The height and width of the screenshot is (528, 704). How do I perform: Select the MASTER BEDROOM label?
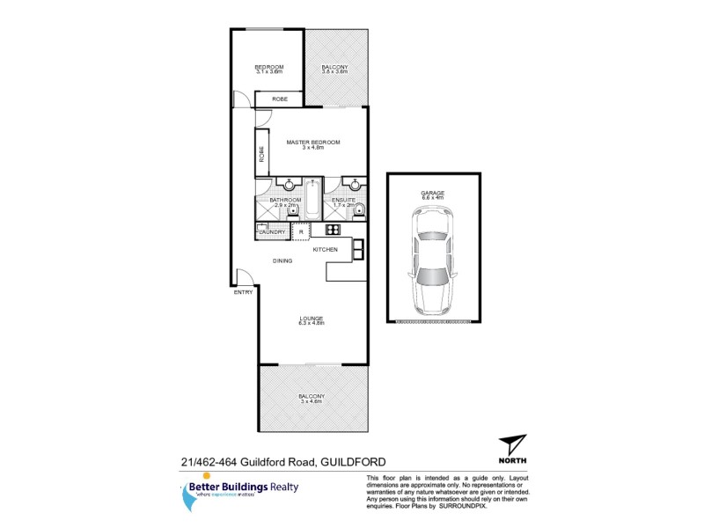click(x=313, y=144)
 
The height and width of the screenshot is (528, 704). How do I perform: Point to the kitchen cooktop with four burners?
click(x=333, y=230)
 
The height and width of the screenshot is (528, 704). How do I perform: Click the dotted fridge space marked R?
click(x=301, y=231)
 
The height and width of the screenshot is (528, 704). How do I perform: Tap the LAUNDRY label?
click(x=272, y=232)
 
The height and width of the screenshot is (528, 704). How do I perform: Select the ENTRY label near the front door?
click(x=244, y=292)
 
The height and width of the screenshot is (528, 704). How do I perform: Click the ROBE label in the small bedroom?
click(x=280, y=99)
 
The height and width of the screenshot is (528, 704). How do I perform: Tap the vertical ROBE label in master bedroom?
click(x=261, y=153)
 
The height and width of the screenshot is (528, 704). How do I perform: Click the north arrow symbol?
click(x=512, y=445)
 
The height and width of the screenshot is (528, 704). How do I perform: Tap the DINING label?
click(x=282, y=260)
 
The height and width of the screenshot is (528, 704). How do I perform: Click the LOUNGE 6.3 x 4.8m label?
click(x=312, y=320)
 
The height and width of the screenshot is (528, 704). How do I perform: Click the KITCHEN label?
click(x=326, y=250)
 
